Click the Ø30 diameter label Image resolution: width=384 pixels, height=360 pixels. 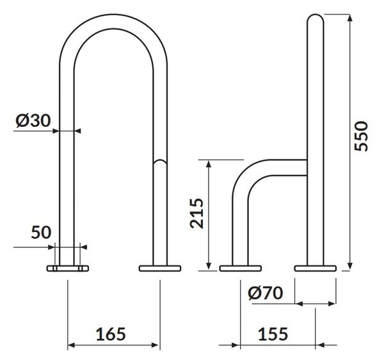click(x=33, y=120)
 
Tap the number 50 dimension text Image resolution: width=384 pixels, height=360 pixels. click(x=41, y=233)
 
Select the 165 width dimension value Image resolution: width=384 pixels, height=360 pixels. click(x=111, y=334)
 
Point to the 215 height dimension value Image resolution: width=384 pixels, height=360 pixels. click(x=197, y=213)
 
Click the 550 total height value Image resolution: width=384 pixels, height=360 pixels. click(x=361, y=136)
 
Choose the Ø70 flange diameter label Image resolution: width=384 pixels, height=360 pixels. click(x=266, y=293)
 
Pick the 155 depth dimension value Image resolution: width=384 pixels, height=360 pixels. click(x=273, y=334)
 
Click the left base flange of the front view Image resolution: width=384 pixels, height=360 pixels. click(x=68, y=268)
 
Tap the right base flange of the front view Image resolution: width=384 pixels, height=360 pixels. click(x=160, y=268)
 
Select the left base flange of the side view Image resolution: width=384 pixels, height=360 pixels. click(x=241, y=268)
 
